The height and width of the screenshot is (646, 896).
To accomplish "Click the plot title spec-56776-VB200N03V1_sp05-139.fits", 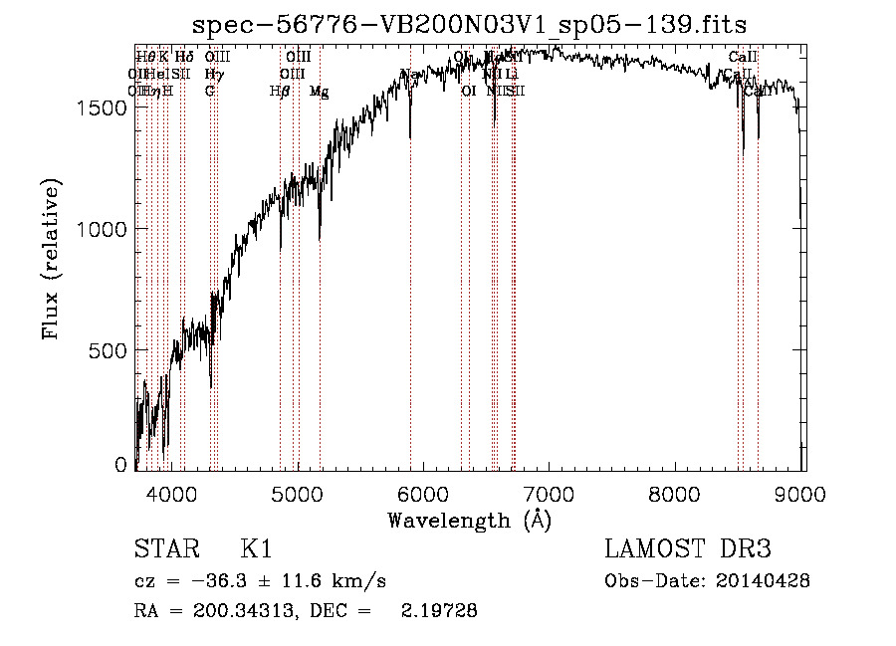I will [469, 23].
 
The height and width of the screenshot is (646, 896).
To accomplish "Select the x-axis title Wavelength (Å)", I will [469, 520].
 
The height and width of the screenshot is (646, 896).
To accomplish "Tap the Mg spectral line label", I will [319, 92].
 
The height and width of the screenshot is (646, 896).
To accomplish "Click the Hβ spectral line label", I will [280, 92].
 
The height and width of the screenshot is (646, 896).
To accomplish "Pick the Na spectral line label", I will [408, 75].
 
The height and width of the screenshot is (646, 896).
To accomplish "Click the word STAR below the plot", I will [164, 549].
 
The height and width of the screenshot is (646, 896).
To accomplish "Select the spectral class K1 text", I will [256, 549].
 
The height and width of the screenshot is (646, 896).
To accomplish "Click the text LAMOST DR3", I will [688, 549].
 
